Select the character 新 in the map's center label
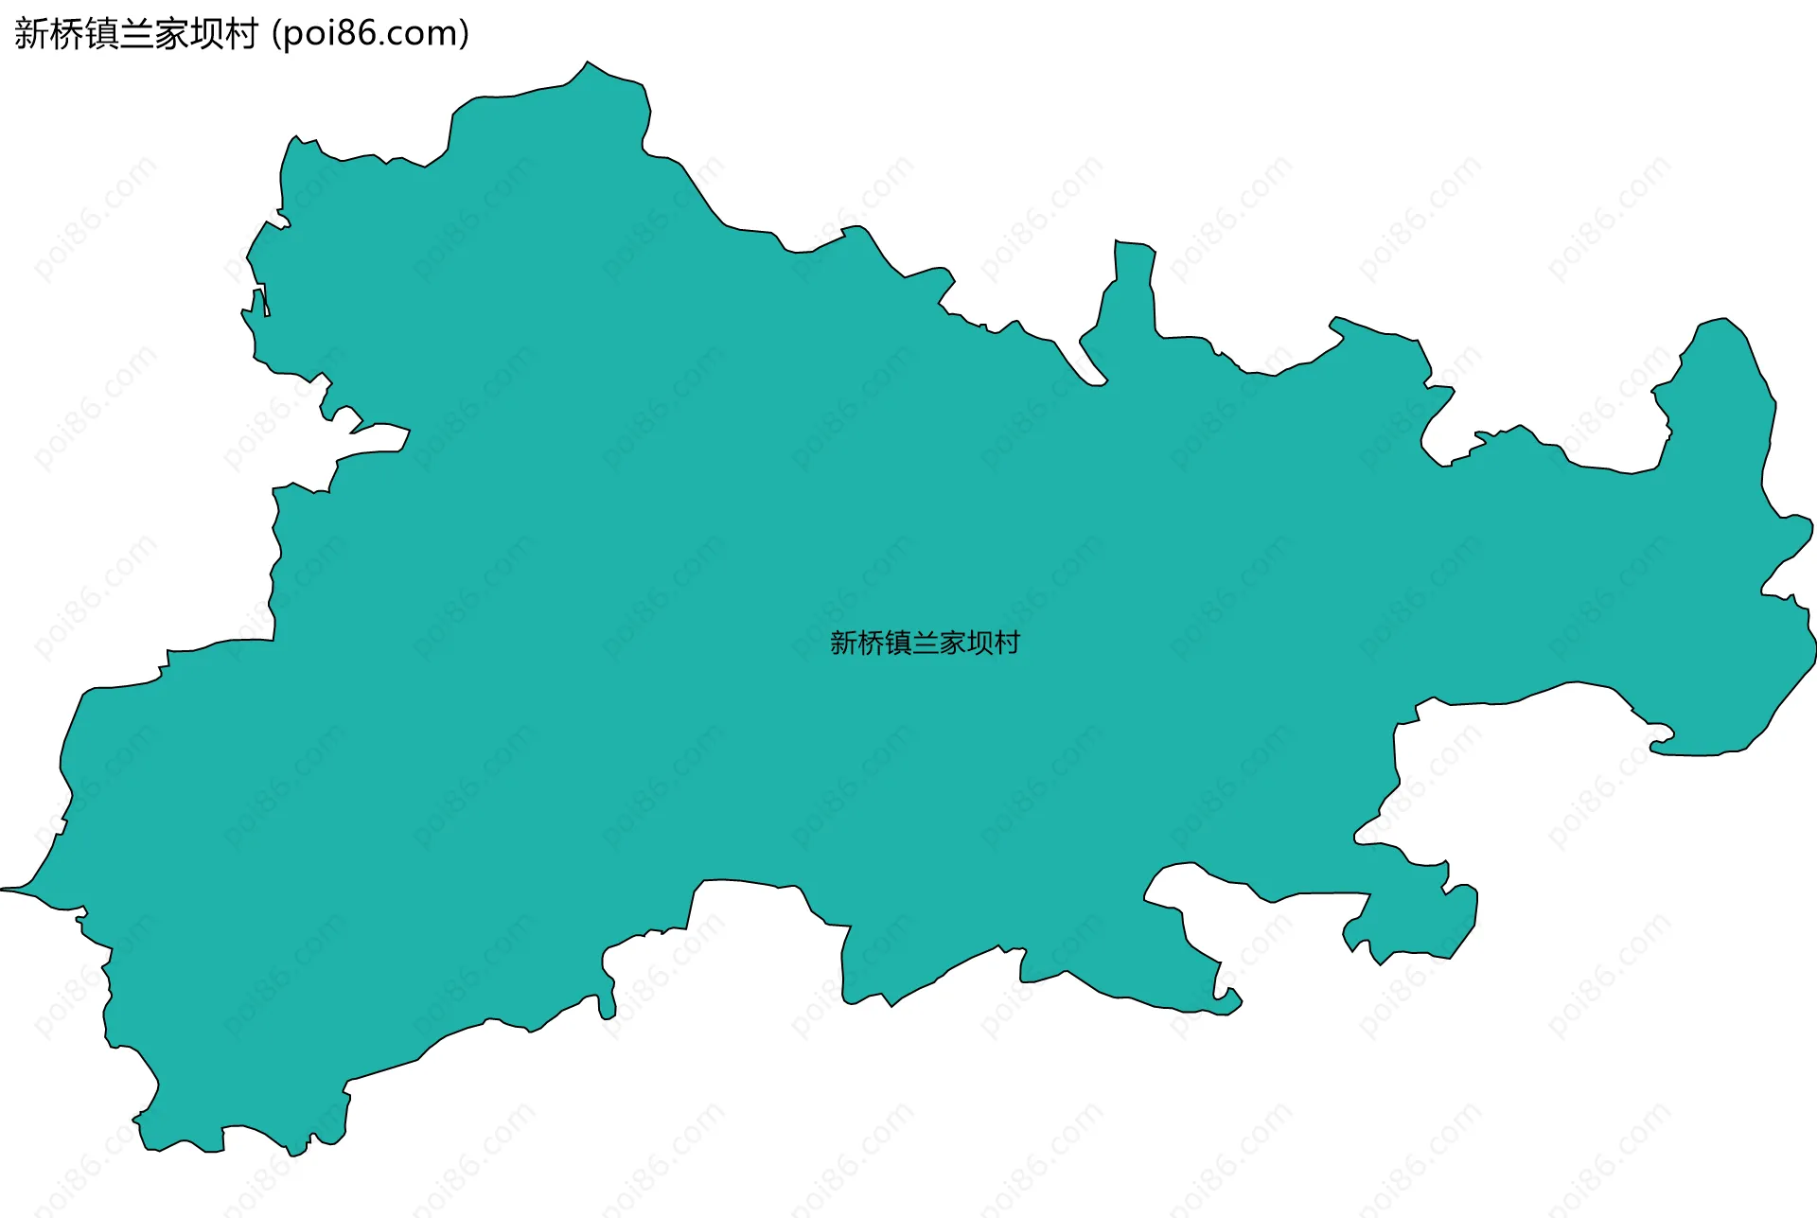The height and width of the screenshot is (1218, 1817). (x=843, y=644)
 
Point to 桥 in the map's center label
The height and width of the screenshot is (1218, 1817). (x=871, y=644)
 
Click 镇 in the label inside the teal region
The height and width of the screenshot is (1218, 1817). (x=898, y=644)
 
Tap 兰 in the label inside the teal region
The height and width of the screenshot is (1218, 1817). (x=926, y=644)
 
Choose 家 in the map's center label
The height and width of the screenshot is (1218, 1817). (x=953, y=644)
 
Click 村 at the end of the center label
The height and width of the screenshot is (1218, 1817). (x=1007, y=644)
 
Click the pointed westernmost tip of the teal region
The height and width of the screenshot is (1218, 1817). (x=4, y=889)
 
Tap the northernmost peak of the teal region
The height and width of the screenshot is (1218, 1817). (x=588, y=63)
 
